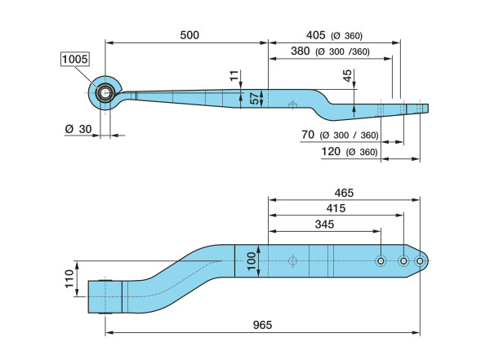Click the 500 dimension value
[189, 35]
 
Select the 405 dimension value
[315, 35]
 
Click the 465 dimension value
[343, 193]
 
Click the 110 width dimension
[69, 287]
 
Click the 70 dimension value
[308, 135]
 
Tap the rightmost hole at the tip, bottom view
[420, 261]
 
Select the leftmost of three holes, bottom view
[381, 260]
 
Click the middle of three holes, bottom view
[402, 261]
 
